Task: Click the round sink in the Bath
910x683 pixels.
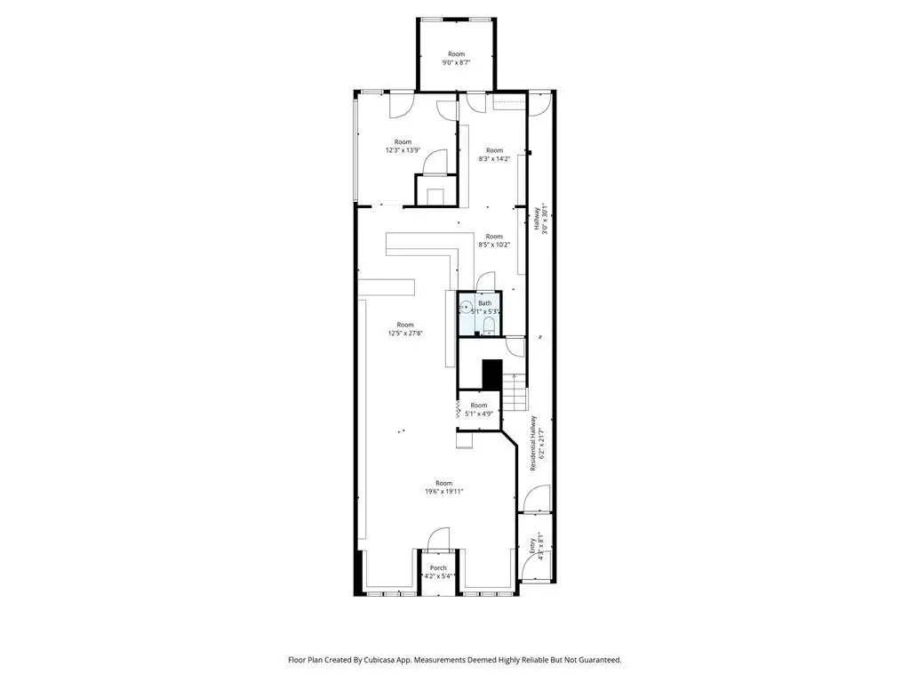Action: [x=466, y=307]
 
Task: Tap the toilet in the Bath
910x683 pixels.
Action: [x=489, y=326]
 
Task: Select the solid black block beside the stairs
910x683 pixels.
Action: [x=492, y=374]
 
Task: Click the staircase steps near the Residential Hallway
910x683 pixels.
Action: [x=515, y=391]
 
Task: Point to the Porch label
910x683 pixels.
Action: [x=439, y=568]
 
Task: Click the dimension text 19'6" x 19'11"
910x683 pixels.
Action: [x=444, y=491]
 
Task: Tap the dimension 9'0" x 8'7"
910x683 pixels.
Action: [x=456, y=62]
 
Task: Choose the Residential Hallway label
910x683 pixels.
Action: [x=533, y=443]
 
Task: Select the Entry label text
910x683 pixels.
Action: [x=532, y=546]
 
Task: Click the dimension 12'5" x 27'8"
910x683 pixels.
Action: [x=405, y=333]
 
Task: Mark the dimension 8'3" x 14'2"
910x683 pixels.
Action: [x=494, y=158]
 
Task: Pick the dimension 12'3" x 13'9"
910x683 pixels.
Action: [x=403, y=150]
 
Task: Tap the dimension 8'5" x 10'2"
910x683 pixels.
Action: [x=494, y=245]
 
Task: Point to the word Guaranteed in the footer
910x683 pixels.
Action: [x=600, y=660]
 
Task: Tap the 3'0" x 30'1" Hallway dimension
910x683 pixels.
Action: [x=545, y=219]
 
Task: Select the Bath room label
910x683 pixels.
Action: [x=484, y=303]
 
